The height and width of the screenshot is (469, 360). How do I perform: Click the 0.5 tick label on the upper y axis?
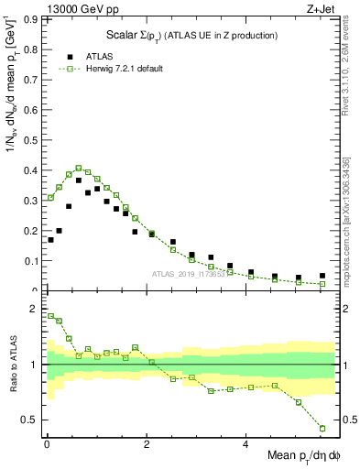[x=30, y=140]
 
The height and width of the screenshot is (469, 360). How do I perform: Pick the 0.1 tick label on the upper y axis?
[x=30, y=261]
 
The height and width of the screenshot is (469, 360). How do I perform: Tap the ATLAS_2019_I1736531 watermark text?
[x=189, y=274]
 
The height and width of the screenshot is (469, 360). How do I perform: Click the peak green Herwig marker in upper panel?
[x=79, y=169]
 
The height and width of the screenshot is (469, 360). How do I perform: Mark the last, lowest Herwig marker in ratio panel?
[x=322, y=428]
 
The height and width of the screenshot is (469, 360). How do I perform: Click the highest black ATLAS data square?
[x=79, y=180]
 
